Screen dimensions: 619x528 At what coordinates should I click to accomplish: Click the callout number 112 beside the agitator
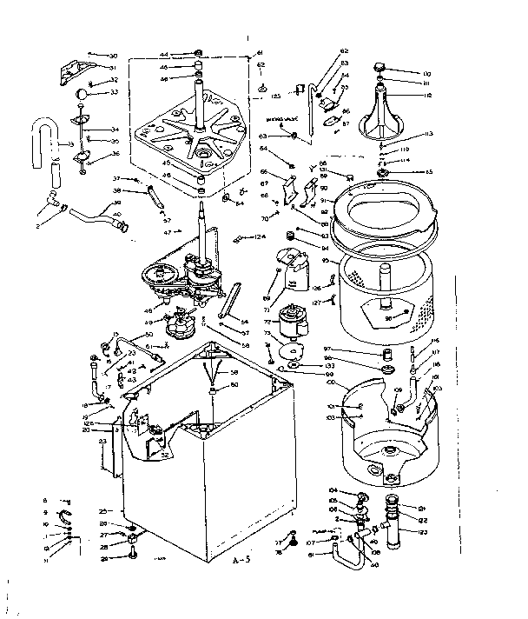pyautogui.click(x=428, y=97)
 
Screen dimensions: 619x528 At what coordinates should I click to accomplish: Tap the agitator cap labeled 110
pyautogui.click(x=379, y=68)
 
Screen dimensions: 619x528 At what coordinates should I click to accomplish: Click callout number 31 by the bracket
pyautogui.click(x=112, y=68)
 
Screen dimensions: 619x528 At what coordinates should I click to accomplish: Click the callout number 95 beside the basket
pyautogui.click(x=324, y=259)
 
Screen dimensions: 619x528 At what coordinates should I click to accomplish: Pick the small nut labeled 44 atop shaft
pyautogui.click(x=199, y=53)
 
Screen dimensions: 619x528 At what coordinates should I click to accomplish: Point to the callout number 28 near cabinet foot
pyautogui.click(x=103, y=548)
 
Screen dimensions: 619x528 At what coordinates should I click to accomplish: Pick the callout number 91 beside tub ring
pyautogui.click(x=323, y=199)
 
